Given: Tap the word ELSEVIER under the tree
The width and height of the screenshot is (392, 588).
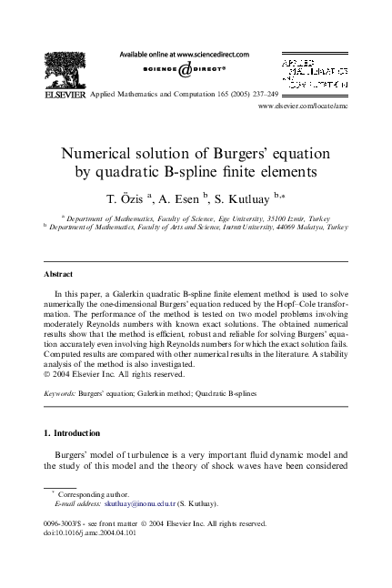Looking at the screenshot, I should click(x=63, y=94).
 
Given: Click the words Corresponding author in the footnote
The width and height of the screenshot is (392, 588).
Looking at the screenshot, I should click(x=93, y=492).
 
